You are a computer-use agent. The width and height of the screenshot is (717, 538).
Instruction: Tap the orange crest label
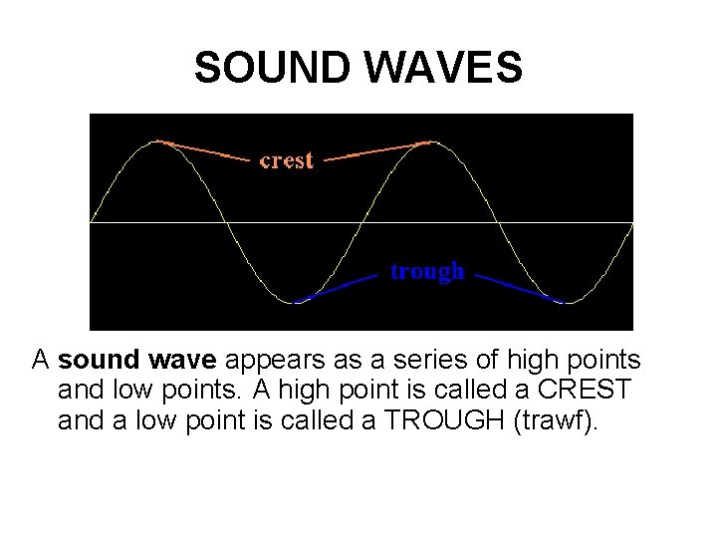[286, 159]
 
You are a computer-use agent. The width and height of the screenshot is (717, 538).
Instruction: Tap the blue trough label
[427, 271]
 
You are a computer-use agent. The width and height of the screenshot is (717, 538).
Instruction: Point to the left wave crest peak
[157, 141]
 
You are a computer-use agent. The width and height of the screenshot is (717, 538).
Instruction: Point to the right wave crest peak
[430, 141]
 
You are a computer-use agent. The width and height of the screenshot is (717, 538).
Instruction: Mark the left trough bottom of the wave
[295, 302]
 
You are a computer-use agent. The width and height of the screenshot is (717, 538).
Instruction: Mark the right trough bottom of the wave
[566, 302]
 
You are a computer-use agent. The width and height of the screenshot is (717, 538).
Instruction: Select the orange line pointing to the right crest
[376, 150]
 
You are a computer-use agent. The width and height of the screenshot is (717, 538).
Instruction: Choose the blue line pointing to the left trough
[339, 285]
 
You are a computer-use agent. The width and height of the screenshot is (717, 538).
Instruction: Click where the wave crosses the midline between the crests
[362, 221]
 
